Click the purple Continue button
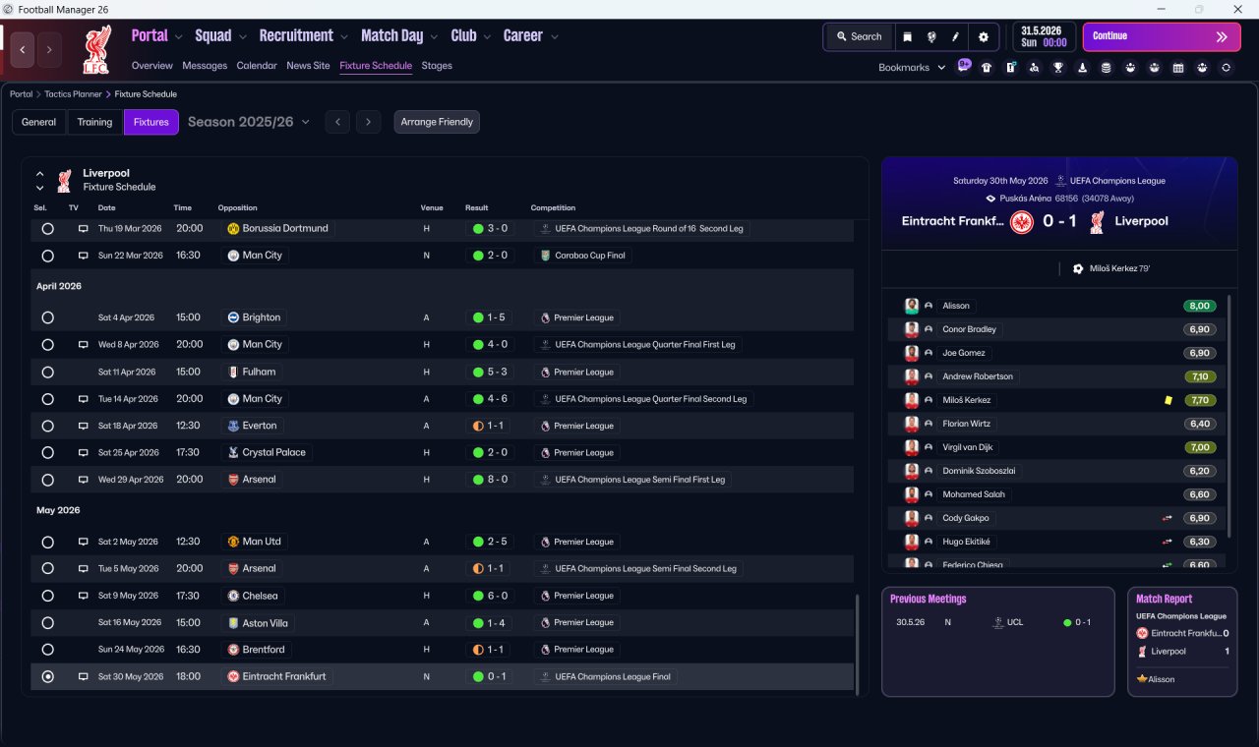(x=1162, y=36)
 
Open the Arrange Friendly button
(x=437, y=122)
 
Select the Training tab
(x=94, y=122)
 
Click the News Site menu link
(x=308, y=66)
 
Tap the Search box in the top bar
(x=860, y=36)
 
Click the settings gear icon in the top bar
(x=983, y=37)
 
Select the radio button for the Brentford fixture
(x=48, y=650)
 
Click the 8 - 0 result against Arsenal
(x=491, y=480)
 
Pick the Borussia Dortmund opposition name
(x=285, y=229)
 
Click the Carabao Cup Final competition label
(x=589, y=256)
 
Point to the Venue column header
(x=432, y=207)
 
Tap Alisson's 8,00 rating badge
(x=1199, y=306)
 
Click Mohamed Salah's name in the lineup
(x=974, y=494)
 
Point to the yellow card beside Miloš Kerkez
(x=1169, y=400)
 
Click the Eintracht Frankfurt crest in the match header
(x=1021, y=222)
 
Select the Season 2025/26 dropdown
(x=249, y=122)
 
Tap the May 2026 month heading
(x=58, y=510)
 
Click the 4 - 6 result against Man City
(x=491, y=399)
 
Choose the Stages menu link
(x=437, y=66)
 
